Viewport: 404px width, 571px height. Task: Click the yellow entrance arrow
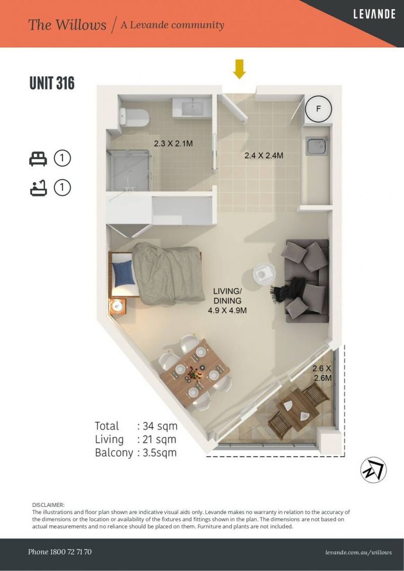(x=240, y=69)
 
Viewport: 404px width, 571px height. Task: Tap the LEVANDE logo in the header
(x=374, y=14)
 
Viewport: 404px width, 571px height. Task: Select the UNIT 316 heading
(x=52, y=83)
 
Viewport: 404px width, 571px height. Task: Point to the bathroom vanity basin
(x=191, y=108)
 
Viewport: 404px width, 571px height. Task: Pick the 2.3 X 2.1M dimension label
(x=173, y=143)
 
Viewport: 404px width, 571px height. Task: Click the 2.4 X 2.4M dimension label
(x=263, y=155)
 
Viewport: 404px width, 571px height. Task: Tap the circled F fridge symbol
(x=318, y=109)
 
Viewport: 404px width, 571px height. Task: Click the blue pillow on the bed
(x=123, y=274)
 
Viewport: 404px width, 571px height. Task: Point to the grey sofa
(x=307, y=280)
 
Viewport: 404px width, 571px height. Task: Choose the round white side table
(x=264, y=274)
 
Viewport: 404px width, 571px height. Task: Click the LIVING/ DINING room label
(x=227, y=300)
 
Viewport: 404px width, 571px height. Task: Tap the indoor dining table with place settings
(x=195, y=370)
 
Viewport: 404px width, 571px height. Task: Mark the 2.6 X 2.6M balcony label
(x=322, y=373)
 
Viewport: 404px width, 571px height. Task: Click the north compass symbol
(x=373, y=469)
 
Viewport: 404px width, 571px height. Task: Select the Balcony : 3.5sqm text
(x=135, y=453)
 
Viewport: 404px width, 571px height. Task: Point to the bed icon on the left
(x=38, y=158)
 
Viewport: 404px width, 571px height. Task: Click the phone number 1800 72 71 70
(x=60, y=552)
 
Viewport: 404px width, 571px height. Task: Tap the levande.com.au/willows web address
(x=359, y=552)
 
